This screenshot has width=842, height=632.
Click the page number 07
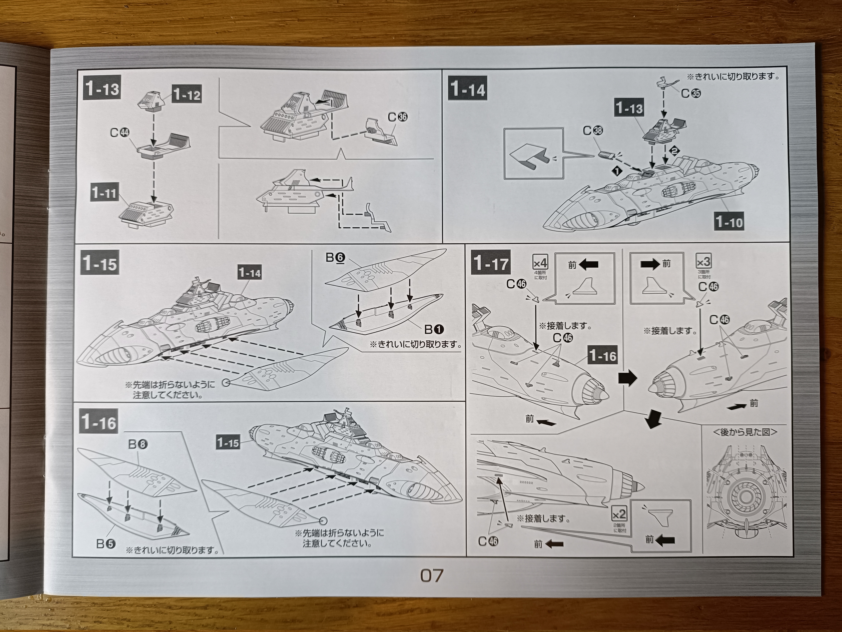pos(432,575)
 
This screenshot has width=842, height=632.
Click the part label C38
pos(593,131)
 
